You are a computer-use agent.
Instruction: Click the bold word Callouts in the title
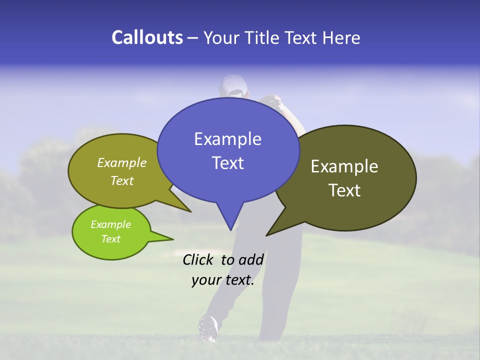tap(147, 37)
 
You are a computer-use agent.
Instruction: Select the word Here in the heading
tap(341, 37)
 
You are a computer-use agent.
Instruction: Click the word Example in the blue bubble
tap(227, 139)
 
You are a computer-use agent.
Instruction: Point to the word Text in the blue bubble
tap(227, 162)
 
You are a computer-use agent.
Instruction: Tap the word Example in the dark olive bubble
tap(344, 166)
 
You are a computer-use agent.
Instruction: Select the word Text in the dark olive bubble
tap(344, 190)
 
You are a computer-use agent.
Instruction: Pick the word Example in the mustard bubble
tap(122, 162)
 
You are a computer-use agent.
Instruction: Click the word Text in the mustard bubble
tap(122, 180)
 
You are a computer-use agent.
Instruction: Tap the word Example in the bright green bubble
tap(110, 224)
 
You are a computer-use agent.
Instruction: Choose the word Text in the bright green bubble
tap(110, 239)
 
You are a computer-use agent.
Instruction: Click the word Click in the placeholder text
tap(198, 259)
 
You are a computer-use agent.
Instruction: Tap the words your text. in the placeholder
tap(223, 280)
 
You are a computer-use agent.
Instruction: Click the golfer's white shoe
tap(208, 327)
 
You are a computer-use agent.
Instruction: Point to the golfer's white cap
tap(232, 84)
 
